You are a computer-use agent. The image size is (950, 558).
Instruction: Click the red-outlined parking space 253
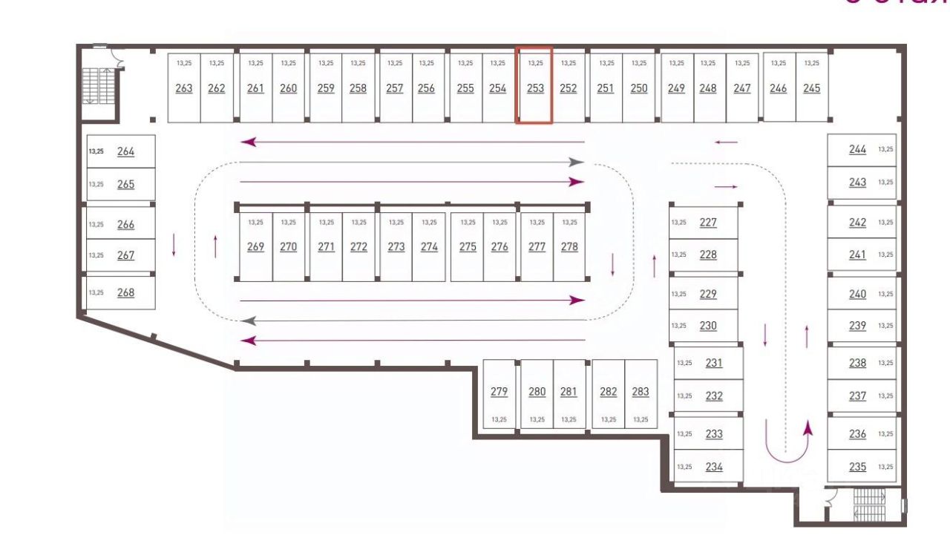tap(535, 85)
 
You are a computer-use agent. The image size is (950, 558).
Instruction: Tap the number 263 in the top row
tap(184, 88)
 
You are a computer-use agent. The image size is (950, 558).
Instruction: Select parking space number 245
tap(812, 88)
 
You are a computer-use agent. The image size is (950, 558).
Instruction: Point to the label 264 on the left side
tap(126, 151)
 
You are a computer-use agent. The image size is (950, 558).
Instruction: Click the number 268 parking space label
tap(126, 292)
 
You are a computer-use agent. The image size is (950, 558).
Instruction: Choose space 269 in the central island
tap(255, 247)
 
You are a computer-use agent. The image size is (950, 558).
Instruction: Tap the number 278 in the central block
tap(569, 247)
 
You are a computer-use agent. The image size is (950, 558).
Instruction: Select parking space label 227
tap(708, 222)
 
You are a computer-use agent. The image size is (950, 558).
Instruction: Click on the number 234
tap(714, 467)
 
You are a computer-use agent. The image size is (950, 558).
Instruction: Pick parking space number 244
tap(857, 149)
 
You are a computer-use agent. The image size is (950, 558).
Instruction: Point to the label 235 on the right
tap(857, 467)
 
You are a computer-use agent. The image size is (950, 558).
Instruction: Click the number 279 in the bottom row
tap(499, 392)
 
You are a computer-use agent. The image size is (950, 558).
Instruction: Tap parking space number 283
tap(641, 392)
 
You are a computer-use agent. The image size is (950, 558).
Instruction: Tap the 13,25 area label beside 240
tap(885, 294)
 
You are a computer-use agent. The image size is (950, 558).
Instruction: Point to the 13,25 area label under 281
tap(569, 420)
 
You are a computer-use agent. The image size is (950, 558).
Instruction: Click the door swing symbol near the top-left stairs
tap(116, 56)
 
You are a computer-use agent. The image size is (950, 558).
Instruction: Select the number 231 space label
tap(714, 363)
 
